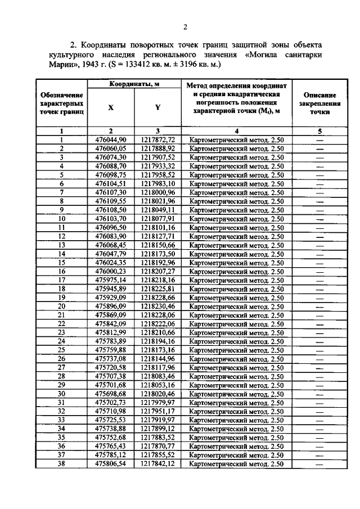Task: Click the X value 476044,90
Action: (x=111, y=139)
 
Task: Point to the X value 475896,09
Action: (x=111, y=307)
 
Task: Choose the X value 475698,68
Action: (x=111, y=394)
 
